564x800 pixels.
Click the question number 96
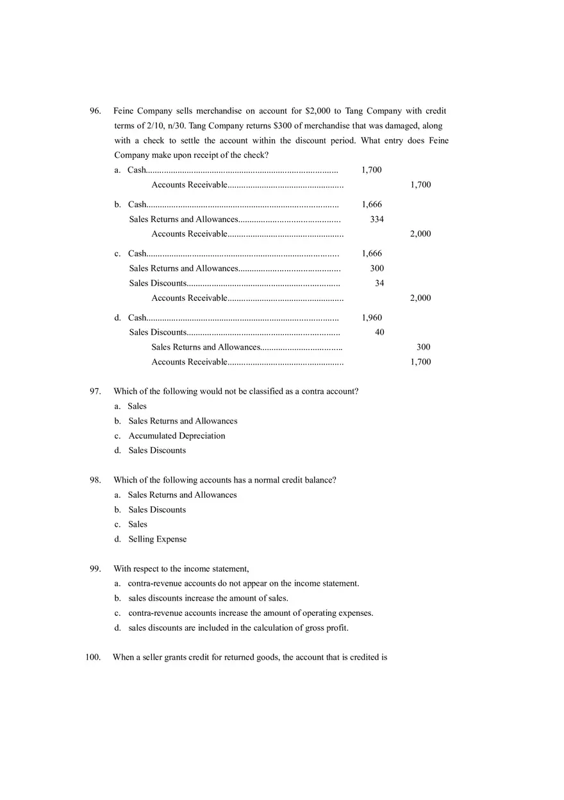pyautogui.click(x=95, y=111)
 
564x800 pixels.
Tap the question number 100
pyautogui.click(x=93, y=657)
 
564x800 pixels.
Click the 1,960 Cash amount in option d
pyautogui.click(x=372, y=318)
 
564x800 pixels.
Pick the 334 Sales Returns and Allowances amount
pyautogui.click(x=377, y=219)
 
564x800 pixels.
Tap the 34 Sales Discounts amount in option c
pyautogui.click(x=379, y=284)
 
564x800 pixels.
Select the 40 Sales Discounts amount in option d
pyautogui.click(x=379, y=332)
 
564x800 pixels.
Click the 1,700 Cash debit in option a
pyautogui.click(x=372, y=170)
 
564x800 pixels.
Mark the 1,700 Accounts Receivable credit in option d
pyautogui.click(x=420, y=362)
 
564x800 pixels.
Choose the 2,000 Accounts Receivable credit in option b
pyautogui.click(x=420, y=234)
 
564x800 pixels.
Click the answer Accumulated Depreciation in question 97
pyautogui.click(x=177, y=436)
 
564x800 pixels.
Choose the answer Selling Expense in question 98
pyautogui.click(x=158, y=539)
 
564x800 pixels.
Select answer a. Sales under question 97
pyautogui.click(x=137, y=406)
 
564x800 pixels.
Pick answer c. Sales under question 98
pyautogui.click(x=138, y=524)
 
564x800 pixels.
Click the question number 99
pyautogui.click(x=95, y=568)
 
